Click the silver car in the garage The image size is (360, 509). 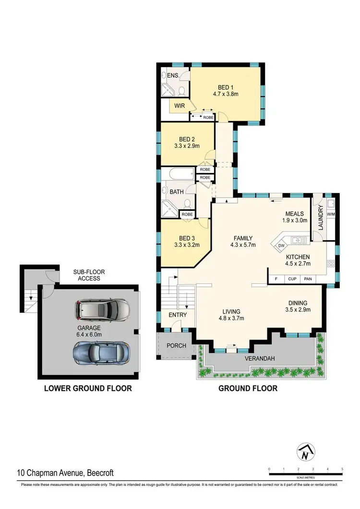tap(102, 311)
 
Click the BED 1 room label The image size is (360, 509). tap(223, 87)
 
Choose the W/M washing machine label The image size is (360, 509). tap(331, 214)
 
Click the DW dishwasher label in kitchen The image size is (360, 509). tap(281, 245)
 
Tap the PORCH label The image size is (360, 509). tap(176, 345)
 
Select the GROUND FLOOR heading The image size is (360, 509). tap(248, 388)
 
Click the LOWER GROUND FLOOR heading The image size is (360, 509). tap(88, 388)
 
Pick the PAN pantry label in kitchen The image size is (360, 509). tap(308, 279)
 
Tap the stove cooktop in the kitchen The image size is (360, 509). tap(331, 263)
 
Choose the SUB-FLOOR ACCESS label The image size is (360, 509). tap(89, 275)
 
